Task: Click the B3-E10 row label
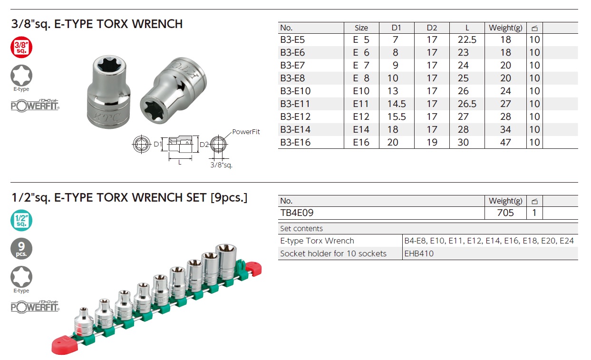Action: point(295,91)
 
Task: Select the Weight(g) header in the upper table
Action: point(505,28)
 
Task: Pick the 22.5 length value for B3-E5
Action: point(467,40)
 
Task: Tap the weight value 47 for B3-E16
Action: point(505,142)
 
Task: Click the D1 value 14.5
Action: point(397,104)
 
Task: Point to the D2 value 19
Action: point(432,142)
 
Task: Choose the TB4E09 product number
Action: point(297,213)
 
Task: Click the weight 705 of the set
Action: point(505,213)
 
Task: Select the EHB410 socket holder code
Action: point(419,253)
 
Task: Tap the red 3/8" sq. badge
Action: point(21,48)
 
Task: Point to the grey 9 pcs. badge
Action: point(21,249)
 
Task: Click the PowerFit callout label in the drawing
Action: point(246,132)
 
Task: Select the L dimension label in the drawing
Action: point(180,162)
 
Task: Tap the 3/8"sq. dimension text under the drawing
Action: point(221,165)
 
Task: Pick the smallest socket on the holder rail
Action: point(84,321)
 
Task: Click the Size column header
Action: point(361,28)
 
